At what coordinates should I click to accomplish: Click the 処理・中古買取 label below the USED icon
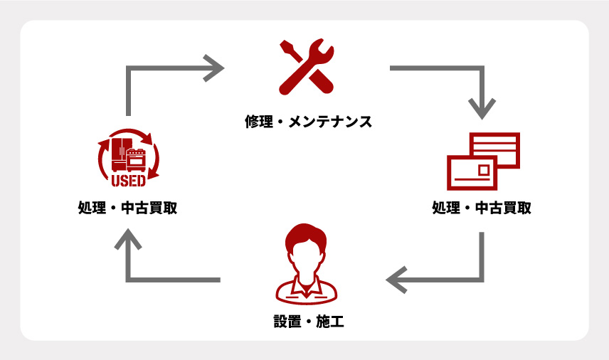coord(128,209)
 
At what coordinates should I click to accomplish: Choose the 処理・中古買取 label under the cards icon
coord(482,209)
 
